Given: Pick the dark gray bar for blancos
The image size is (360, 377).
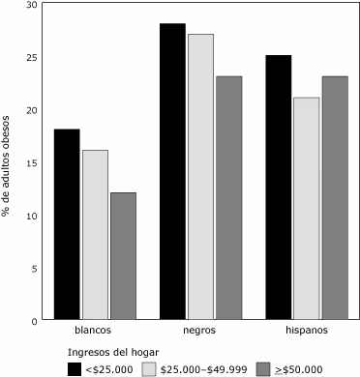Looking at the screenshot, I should coord(123,256).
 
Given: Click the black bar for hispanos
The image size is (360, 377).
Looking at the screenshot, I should coord(279,188).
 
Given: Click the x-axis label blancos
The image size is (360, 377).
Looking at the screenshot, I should coord(95,331).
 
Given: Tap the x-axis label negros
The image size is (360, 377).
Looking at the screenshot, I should coord(200,331).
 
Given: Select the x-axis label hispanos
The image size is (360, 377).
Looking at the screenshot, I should coord(307,331).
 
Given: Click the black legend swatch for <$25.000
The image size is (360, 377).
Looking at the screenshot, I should coord(74,368).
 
